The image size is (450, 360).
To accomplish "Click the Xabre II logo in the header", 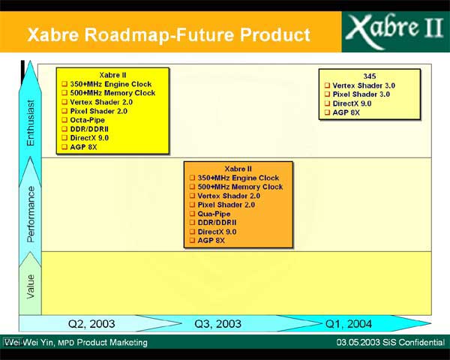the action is tap(395, 31).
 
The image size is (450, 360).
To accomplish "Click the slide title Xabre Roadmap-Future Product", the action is tap(169, 34).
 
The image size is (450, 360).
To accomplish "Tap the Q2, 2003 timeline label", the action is tap(91, 324).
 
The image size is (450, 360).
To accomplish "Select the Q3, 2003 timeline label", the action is tap(217, 324).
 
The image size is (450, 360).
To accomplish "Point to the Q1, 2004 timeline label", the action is tap(349, 324).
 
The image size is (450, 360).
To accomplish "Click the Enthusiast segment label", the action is tap(30, 123).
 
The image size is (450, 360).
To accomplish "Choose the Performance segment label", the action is tap(30, 214).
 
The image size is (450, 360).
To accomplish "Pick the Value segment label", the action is tap(30, 286).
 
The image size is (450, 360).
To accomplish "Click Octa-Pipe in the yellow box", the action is tap(87, 120).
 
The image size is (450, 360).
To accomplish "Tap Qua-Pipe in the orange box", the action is tap(214, 214).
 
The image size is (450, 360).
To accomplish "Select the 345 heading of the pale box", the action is tap(369, 76).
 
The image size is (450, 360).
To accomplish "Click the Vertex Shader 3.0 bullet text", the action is tap(364, 85).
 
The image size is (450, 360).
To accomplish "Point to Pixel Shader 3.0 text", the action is tap(361, 94).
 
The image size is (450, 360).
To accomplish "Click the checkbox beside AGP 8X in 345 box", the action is tap(328, 112).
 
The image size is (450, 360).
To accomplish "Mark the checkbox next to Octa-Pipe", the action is tap(64, 120).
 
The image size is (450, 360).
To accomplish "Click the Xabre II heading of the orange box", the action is tap(238, 169).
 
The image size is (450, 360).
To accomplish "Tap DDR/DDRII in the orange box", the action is tap(217, 223).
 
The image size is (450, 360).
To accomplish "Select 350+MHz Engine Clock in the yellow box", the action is tap(111, 84).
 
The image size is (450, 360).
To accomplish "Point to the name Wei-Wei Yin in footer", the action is tap(28, 342).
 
